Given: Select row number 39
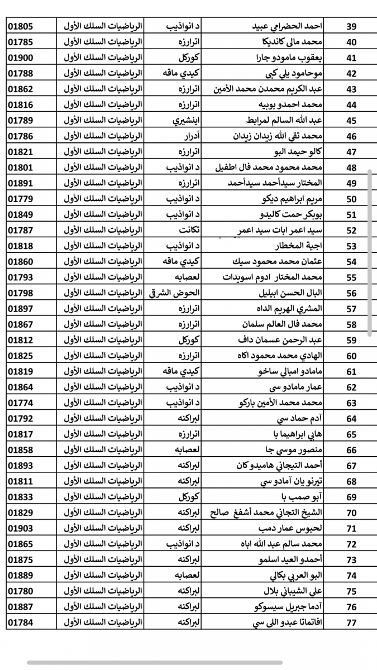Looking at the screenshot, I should pyautogui.click(x=352, y=26).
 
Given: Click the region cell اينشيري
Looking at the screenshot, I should pyautogui.click(x=179, y=120).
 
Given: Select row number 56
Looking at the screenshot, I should pyautogui.click(x=352, y=293).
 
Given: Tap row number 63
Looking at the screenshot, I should pyautogui.click(x=352, y=403).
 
